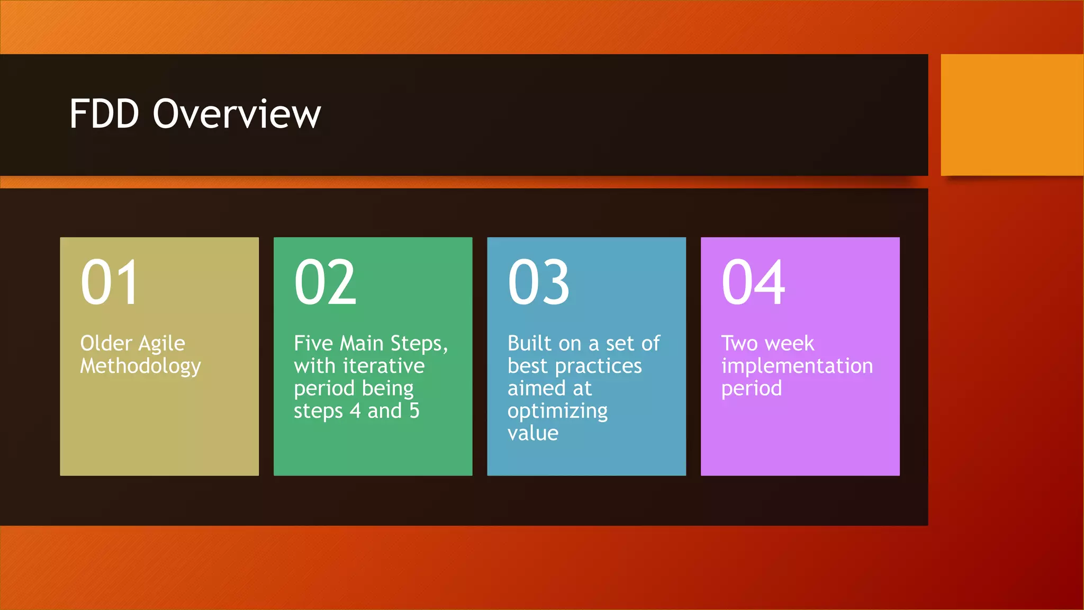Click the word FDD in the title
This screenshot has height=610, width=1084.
(x=104, y=114)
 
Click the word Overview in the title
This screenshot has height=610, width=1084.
(x=237, y=114)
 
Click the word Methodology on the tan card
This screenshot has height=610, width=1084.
(x=140, y=366)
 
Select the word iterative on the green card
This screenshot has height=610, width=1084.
(x=384, y=366)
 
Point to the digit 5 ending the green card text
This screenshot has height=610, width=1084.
(x=414, y=411)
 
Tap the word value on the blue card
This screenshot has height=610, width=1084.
(x=532, y=434)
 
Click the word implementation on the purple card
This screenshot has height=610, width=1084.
(x=797, y=366)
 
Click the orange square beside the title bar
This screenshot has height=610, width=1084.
(x=1011, y=115)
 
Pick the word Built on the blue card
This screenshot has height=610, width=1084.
(x=529, y=344)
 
